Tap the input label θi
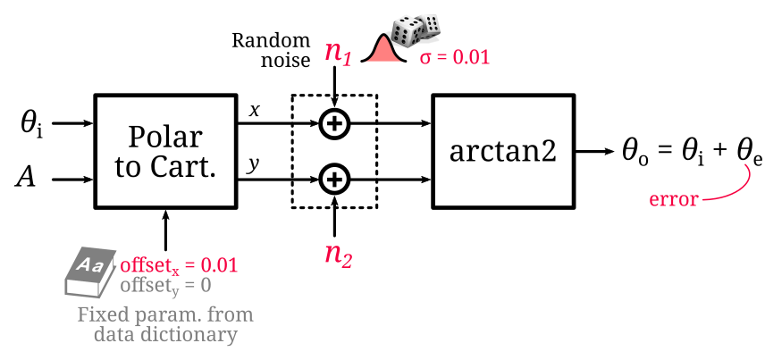coord(31,124)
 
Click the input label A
coord(27,179)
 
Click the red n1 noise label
coord(339,53)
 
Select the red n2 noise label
coord(339,255)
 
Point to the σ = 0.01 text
coord(455,58)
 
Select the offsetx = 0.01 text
coord(179,266)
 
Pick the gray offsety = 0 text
coord(165,286)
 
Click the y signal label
coord(254,165)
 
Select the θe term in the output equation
coord(748,153)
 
